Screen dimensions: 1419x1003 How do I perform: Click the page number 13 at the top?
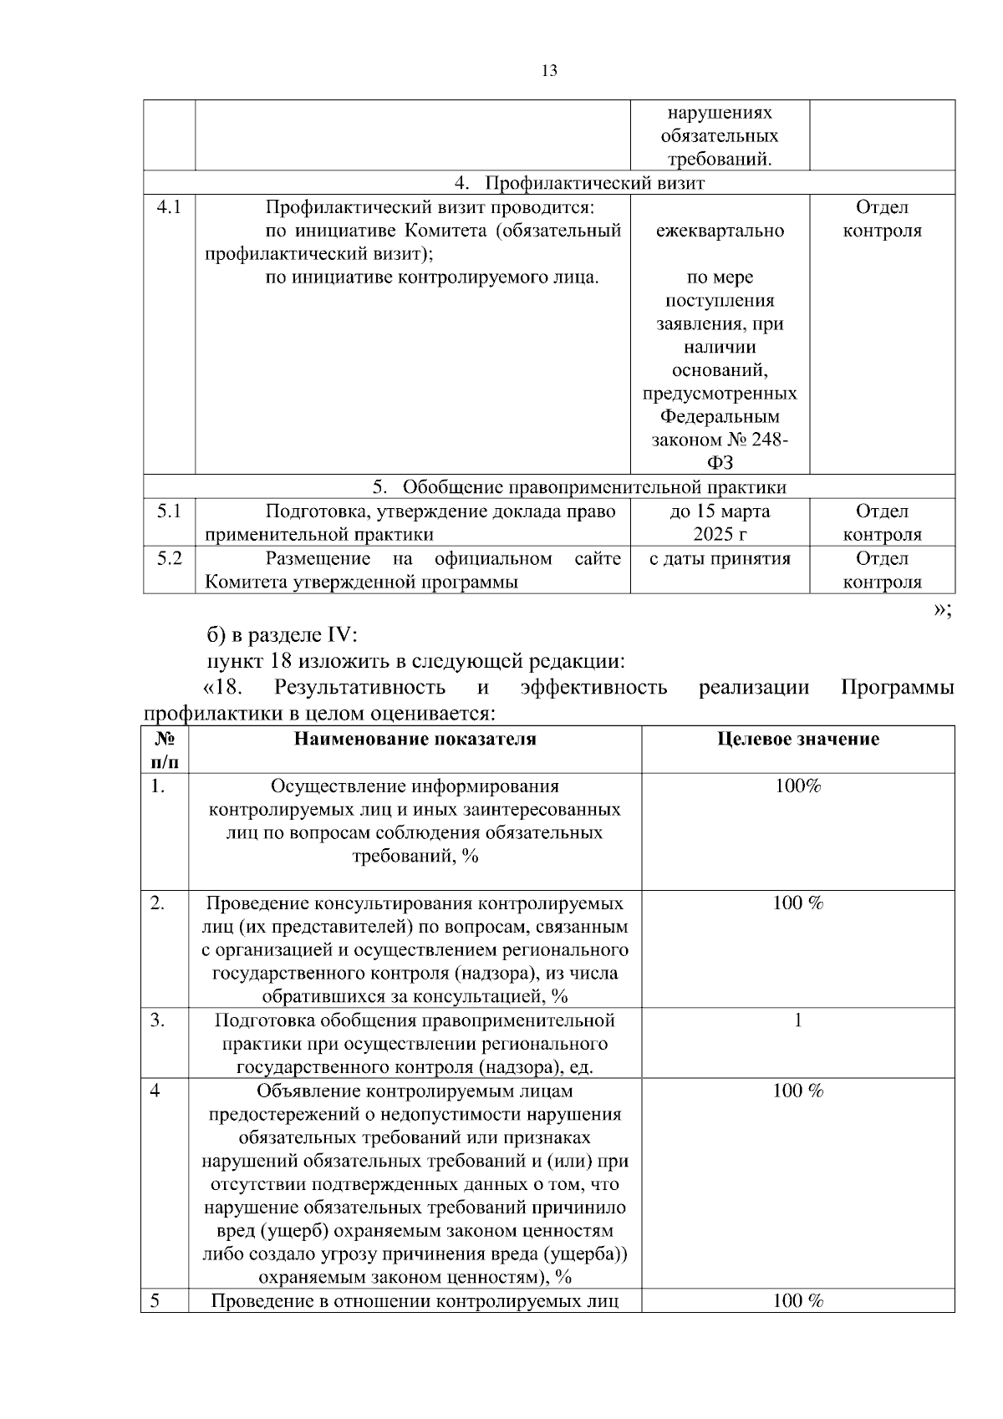coord(549,71)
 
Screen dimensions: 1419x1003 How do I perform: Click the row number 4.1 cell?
coord(169,207)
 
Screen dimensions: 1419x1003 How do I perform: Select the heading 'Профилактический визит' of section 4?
coord(595,183)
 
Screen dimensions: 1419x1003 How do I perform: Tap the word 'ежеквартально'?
coord(720,231)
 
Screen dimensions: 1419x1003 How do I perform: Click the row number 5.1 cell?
coord(169,511)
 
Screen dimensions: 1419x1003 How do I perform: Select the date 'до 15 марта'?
coord(720,511)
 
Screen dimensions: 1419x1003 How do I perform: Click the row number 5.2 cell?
coord(169,558)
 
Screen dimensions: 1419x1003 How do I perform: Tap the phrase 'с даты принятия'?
coord(720,558)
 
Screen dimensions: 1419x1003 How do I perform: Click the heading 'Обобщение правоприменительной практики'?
coord(594,487)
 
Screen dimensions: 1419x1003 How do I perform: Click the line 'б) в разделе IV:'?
coord(282,635)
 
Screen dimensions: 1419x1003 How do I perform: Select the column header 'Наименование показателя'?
coord(415,739)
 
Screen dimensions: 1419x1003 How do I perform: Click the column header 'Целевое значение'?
coord(798,739)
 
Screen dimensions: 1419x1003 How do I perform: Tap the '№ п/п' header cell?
coord(165,750)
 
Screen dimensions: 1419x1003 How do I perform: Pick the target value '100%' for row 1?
coord(797,786)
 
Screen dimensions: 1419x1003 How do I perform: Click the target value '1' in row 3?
coord(797,1020)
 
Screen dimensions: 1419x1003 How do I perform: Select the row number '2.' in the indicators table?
coord(158,903)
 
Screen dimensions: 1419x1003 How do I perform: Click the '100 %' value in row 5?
coord(797,1301)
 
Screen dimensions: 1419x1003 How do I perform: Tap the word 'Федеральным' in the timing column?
coord(720,416)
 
